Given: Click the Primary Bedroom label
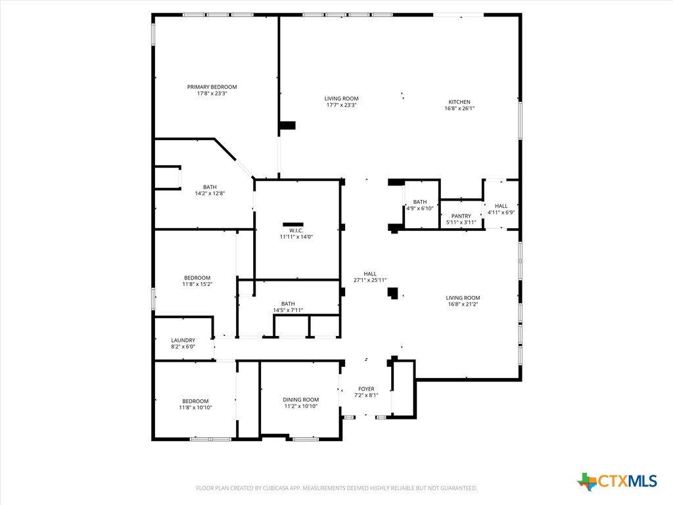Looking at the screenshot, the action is tap(212, 87).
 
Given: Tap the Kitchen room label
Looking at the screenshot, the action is tap(459, 102).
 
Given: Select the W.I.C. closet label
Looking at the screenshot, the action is tap(296, 231).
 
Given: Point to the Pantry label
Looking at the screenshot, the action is tap(461, 216).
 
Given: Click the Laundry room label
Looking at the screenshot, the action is tap(183, 340).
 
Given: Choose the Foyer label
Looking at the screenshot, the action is tap(366, 389).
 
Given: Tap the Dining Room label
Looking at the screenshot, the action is tap(301, 400).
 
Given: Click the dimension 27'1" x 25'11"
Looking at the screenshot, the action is tap(370, 280).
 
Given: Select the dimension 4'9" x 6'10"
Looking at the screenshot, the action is tap(420, 208).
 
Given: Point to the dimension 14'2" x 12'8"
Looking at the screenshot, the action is tap(210, 193).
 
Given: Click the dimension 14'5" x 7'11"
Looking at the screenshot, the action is tap(288, 310).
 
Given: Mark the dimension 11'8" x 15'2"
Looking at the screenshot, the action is tap(197, 284).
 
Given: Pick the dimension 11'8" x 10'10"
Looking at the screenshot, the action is tap(196, 408).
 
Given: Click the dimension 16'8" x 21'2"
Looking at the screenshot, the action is tap(463, 304).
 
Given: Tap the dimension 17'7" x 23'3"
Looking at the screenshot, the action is tap(342, 105).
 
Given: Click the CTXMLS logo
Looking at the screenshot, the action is tap(617, 481).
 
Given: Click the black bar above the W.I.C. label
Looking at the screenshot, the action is tap(293, 224).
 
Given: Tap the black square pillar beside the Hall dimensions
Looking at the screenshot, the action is tap(393, 293).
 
